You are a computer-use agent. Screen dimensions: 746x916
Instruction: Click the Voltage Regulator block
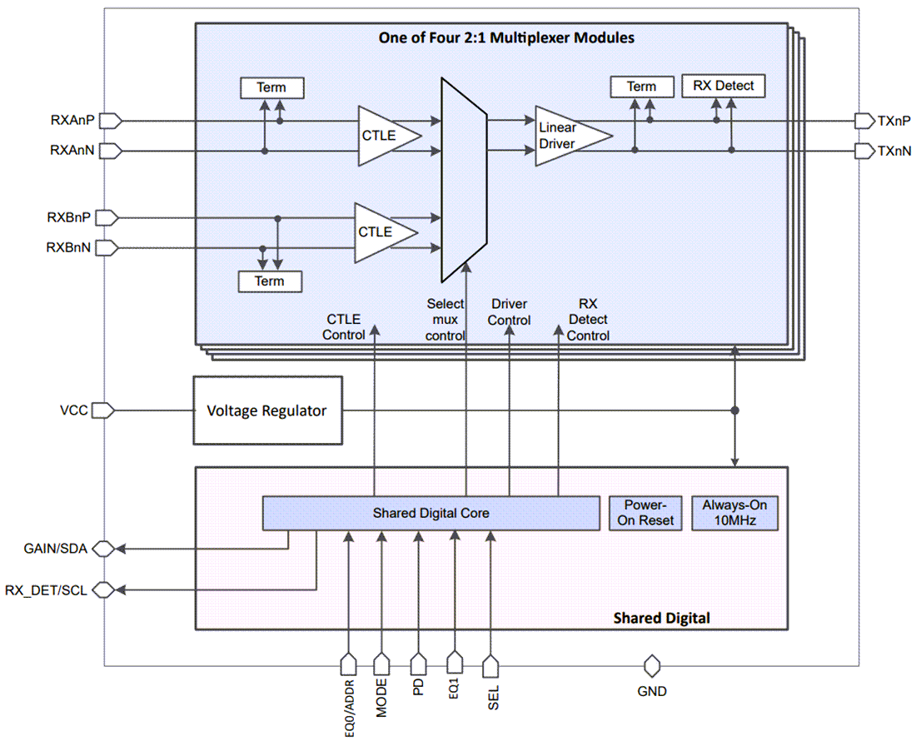[267, 410]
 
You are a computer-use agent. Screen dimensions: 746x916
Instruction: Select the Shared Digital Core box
[431, 513]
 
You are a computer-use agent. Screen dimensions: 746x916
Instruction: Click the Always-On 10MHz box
[734, 513]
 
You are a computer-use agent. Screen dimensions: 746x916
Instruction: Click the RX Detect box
[723, 86]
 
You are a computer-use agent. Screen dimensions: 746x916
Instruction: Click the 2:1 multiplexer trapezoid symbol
[462, 179]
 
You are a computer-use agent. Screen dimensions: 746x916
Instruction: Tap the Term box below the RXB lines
[269, 281]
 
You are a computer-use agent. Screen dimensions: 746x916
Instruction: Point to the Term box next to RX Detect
[641, 87]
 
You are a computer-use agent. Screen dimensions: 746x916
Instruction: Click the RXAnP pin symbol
[111, 121]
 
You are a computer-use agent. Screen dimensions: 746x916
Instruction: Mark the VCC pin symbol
[102, 410]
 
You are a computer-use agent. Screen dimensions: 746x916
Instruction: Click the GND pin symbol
[651, 666]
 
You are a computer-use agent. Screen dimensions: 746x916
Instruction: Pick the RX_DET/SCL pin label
[47, 590]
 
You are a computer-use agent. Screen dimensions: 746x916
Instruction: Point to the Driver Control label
[509, 312]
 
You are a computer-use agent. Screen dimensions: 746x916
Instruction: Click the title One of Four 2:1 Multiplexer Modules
[494, 38]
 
